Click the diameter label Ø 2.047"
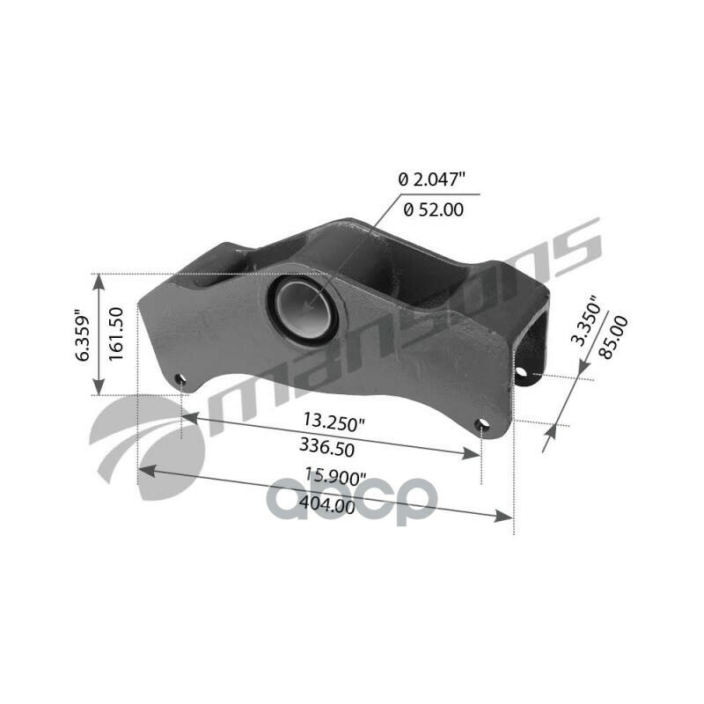pyautogui.click(x=431, y=180)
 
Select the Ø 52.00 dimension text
pyautogui.click(x=433, y=209)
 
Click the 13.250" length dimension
pyautogui.click(x=332, y=422)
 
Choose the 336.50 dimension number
pyautogui.click(x=326, y=447)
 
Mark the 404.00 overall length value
pyautogui.click(x=327, y=505)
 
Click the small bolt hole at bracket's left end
pyautogui.click(x=180, y=380)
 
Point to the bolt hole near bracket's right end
pyautogui.click(x=481, y=426)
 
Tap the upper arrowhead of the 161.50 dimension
pyautogui.click(x=99, y=280)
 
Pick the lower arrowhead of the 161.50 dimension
pyautogui.click(x=99, y=389)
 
